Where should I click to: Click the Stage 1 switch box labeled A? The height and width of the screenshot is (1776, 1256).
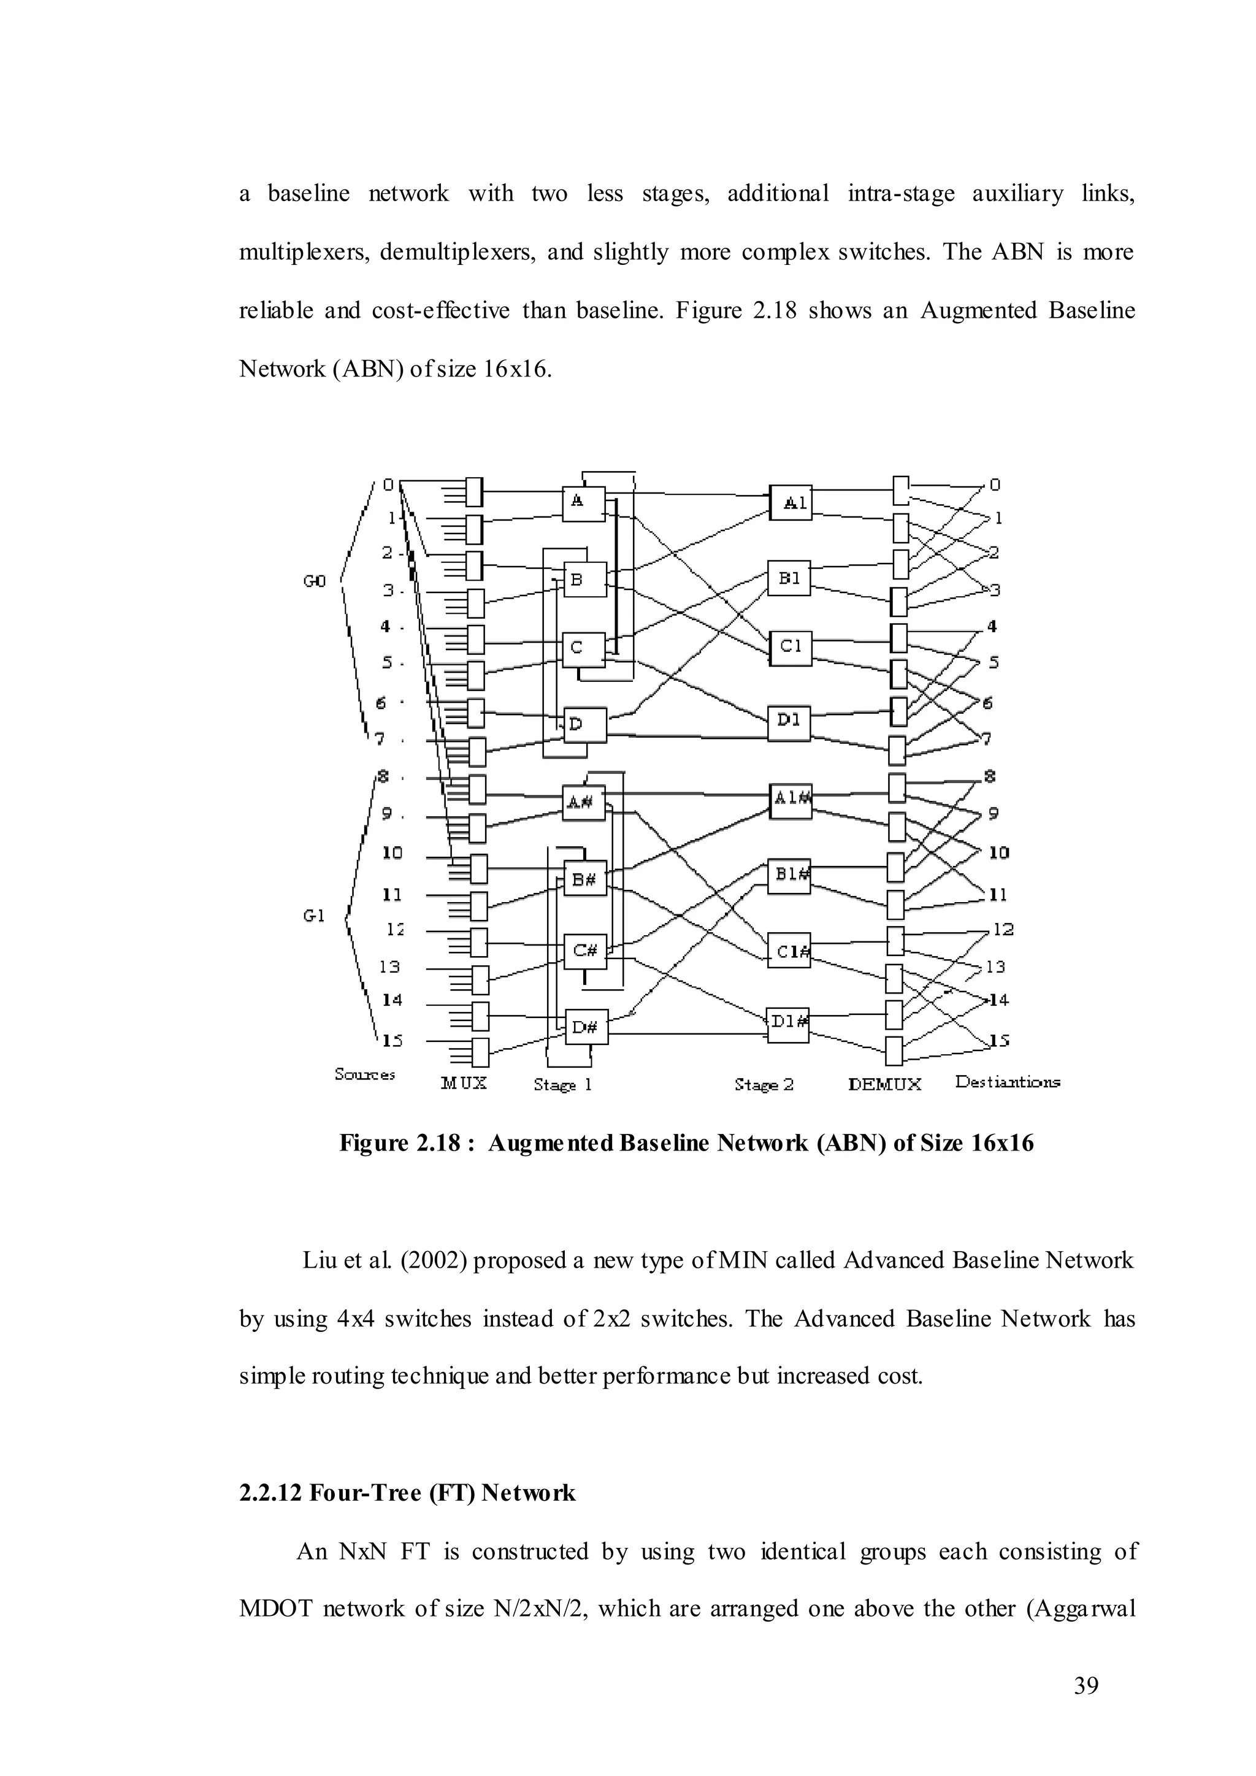[x=583, y=503]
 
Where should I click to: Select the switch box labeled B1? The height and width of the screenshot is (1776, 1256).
[x=789, y=578]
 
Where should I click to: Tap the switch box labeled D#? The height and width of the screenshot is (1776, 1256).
[x=586, y=1027]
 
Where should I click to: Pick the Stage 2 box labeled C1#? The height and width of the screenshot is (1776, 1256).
[x=789, y=951]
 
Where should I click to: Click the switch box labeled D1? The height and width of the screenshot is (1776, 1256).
[x=789, y=722]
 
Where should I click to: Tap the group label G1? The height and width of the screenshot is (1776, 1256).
[x=314, y=916]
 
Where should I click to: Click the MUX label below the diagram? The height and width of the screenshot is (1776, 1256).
[x=464, y=1083]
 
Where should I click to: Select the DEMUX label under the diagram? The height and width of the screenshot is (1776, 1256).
[x=885, y=1084]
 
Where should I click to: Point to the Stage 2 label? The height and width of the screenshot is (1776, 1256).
[x=764, y=1084]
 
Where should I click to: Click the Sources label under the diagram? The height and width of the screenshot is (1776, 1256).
[x=365, y=1074]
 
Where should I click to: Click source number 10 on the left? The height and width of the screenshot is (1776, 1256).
[x=392, y=853]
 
